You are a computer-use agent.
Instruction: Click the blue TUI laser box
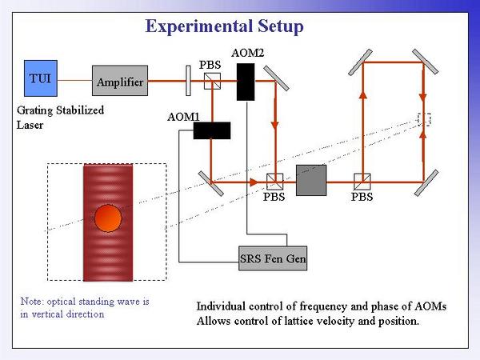pos(41,78)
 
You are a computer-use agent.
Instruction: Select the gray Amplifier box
pos(120,81)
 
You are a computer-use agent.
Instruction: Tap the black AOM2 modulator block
pos(246,82)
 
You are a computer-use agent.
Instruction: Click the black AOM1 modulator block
pos(212,130)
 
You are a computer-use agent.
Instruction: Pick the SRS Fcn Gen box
pos(273,258)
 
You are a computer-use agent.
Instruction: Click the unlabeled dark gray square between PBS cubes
pos(311,180)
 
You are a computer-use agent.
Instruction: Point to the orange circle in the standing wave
pos(108,218)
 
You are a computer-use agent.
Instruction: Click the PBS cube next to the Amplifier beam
pos(212,81)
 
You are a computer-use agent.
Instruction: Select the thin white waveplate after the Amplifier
pos(188,81)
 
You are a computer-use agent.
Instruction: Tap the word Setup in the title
pos(281,26)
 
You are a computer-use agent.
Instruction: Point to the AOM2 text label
pos(247,53)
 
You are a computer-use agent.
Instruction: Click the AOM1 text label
pos(183,117)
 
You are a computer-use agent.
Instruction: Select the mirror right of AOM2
pos(276,78)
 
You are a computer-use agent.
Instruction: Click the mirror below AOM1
pos(211,183)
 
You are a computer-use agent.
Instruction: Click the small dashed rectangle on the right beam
pos(424,119)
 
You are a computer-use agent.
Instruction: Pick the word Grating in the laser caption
pos(34,110)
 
